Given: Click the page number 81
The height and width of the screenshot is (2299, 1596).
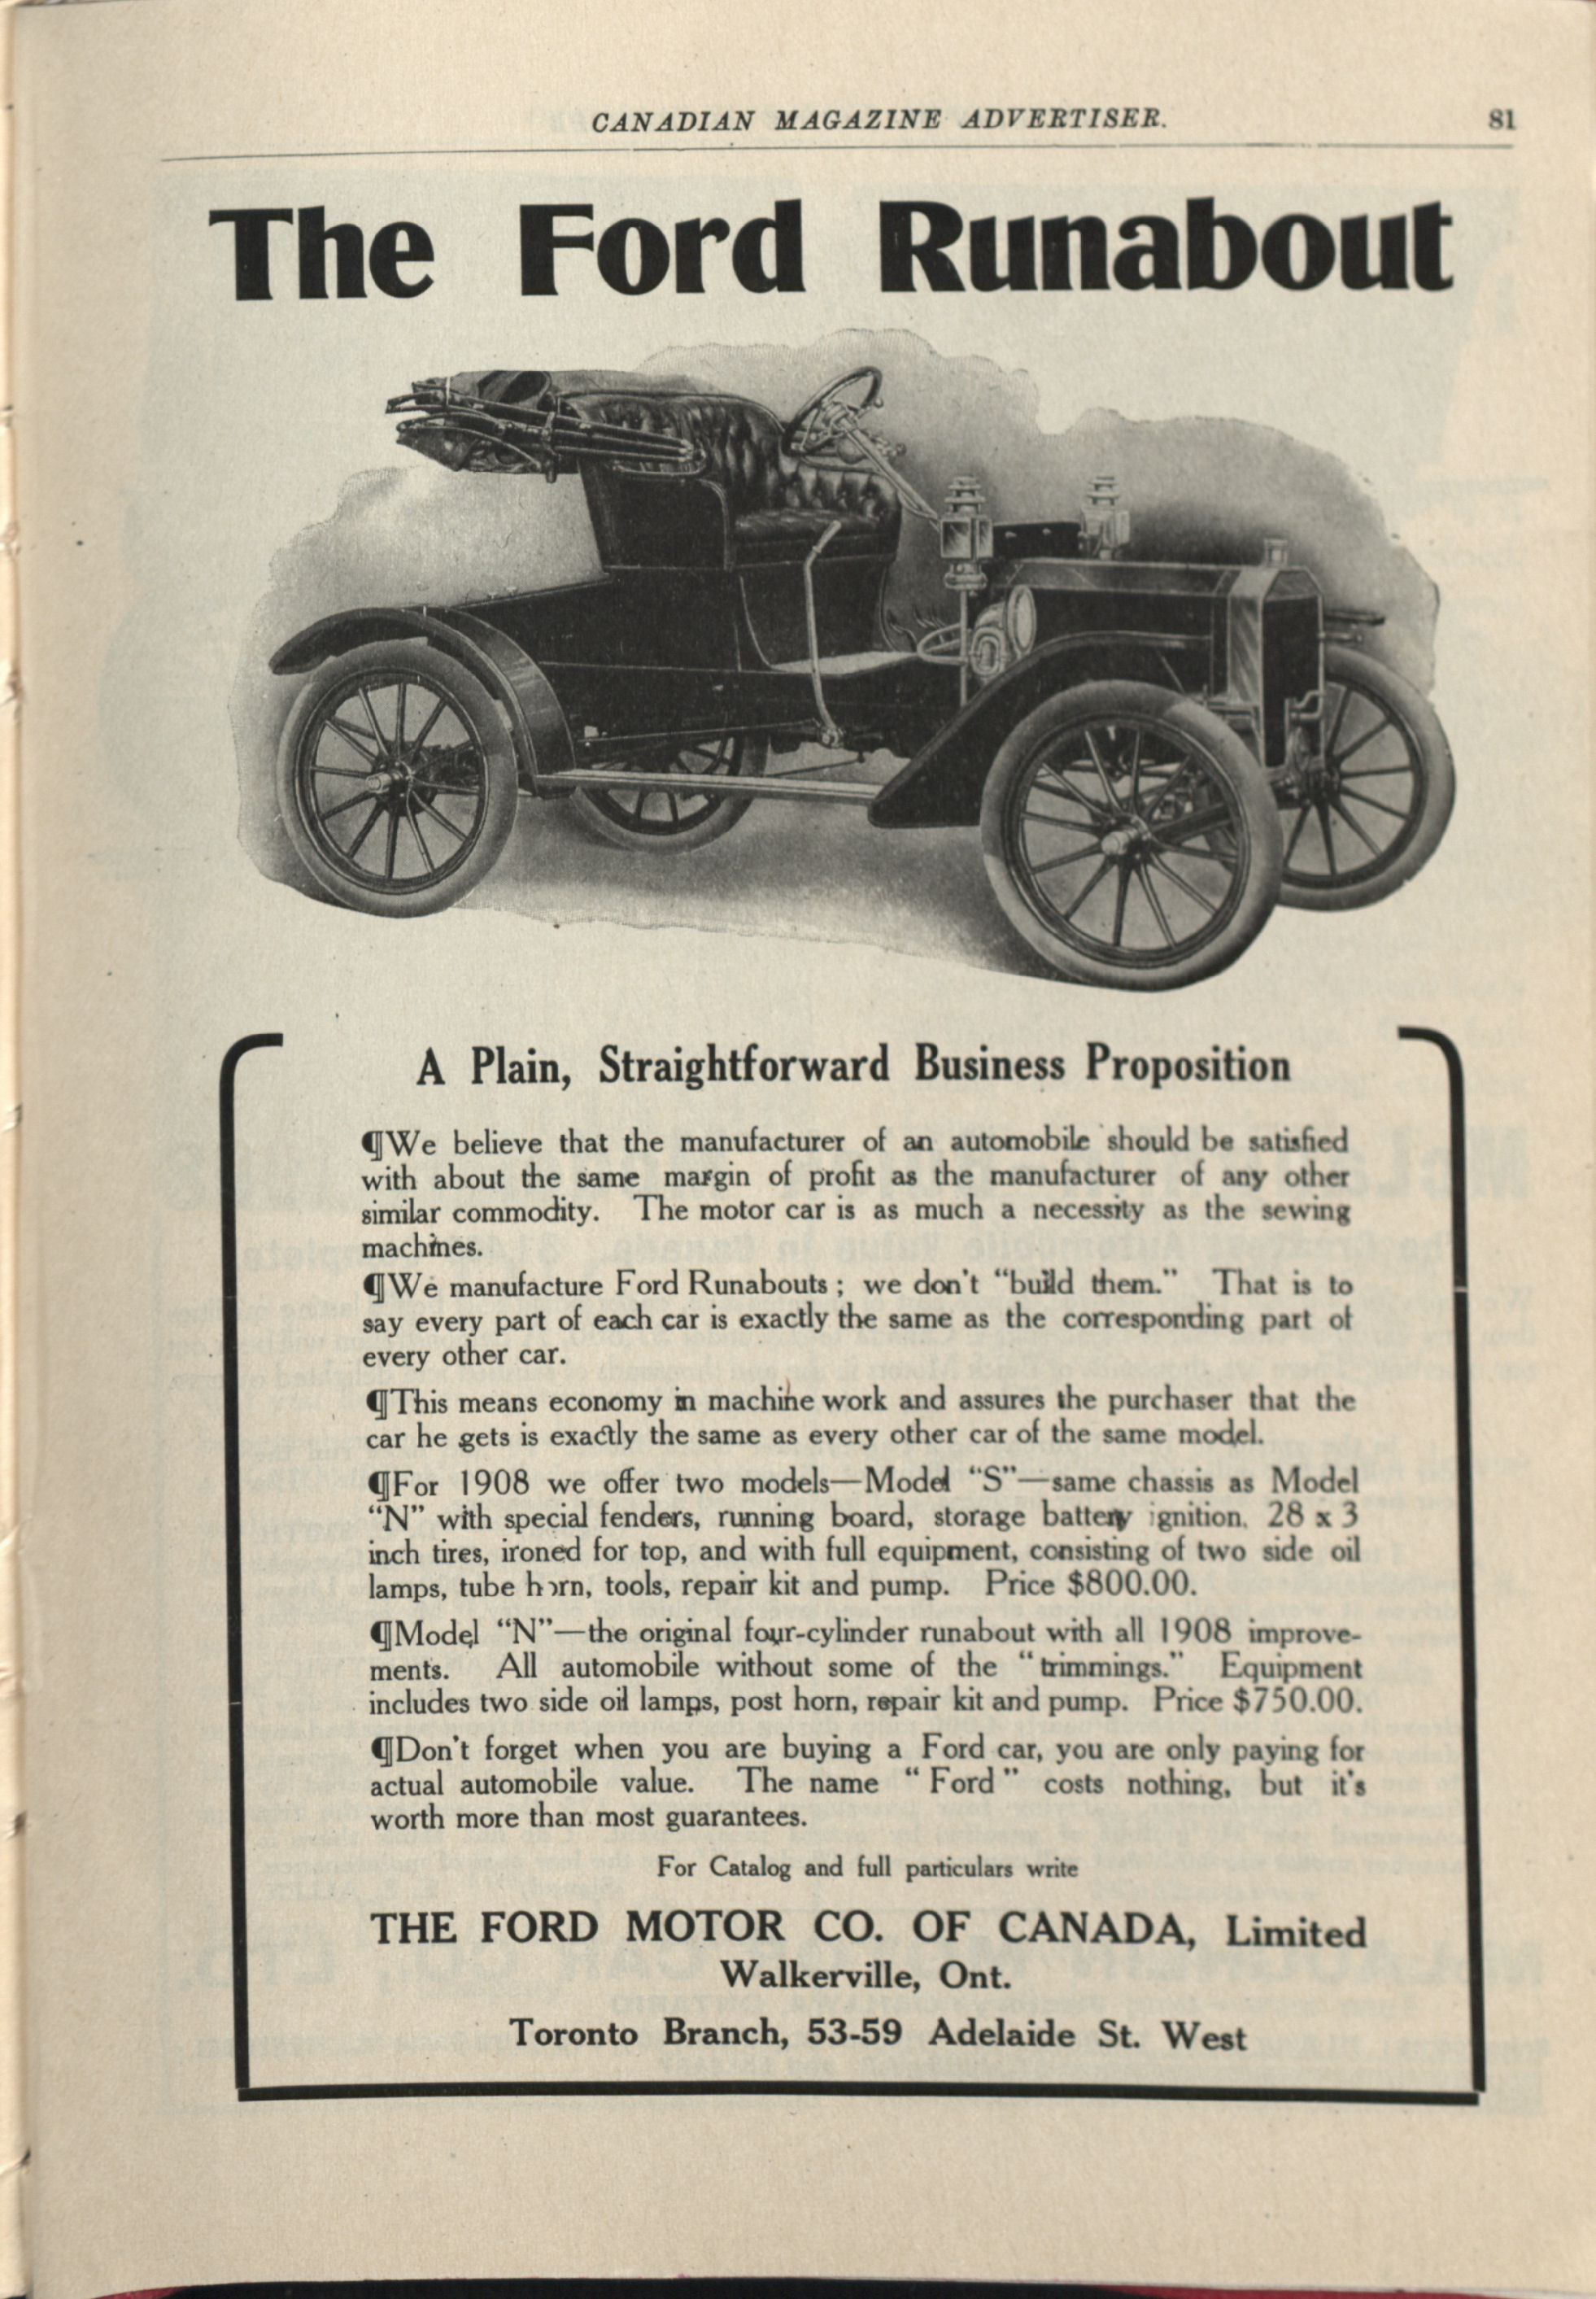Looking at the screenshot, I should (1502, 120).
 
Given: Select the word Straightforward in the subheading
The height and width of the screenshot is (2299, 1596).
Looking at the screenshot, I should (743, 1066).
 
